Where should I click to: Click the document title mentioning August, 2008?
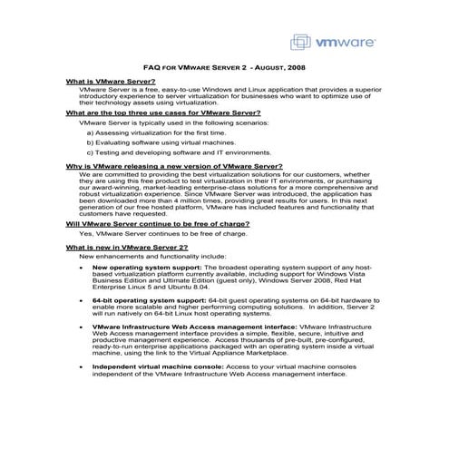pos(224,67)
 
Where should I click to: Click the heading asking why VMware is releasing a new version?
pos(173,167)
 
